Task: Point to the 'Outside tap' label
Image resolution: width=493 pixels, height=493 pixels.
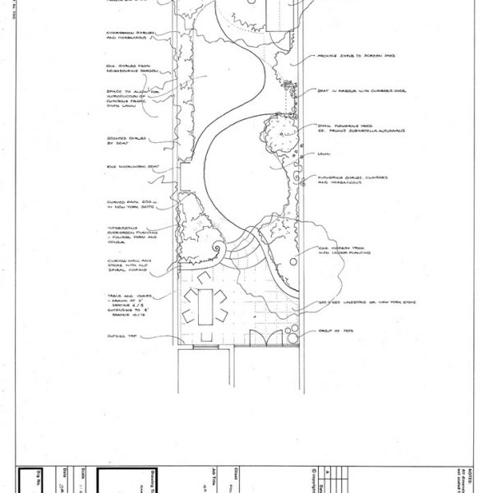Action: (x=119, y=334)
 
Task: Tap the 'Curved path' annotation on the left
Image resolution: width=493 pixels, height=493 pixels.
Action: (x=126, y=203)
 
